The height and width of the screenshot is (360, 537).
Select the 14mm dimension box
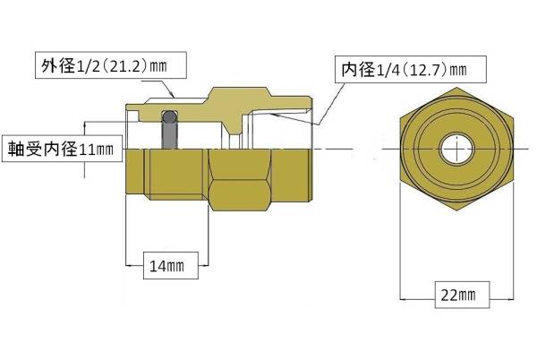(166, 265)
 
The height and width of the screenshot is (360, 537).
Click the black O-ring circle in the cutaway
(170, 117)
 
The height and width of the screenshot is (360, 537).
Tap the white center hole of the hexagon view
(456, 148)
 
